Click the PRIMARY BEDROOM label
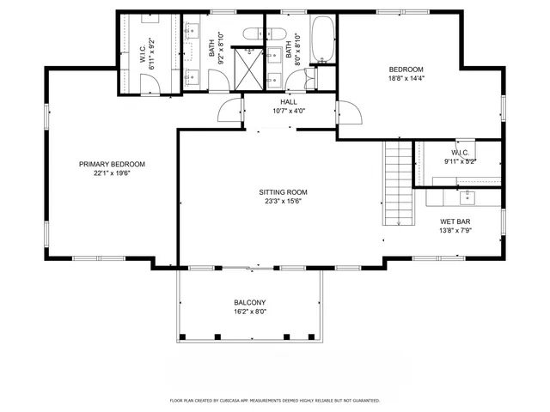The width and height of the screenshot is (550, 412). click(x=112, y=164)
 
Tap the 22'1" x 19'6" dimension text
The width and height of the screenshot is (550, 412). click(x=112, y=173)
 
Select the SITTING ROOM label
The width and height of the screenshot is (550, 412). click(x=284, y=192)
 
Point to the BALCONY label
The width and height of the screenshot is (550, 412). click(x=250, y=302)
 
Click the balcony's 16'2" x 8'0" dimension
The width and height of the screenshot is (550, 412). click(x=250, y=312)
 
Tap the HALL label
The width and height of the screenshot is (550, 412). click(x=289, y=101)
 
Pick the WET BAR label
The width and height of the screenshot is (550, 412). click(x=455, y=221)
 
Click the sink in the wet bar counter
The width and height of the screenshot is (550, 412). click(x=467, y=198)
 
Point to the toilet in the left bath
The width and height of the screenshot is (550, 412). click(x=255, y=34)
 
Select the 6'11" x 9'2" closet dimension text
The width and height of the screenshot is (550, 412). click(x=152, y=54)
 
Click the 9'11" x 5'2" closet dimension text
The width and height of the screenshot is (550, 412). click(x=460, y=161)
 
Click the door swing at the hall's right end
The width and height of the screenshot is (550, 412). click(x=348, y=112)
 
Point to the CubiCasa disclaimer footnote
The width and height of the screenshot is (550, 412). click(x=275, y=400)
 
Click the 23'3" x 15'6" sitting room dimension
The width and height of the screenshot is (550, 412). click(x=284, y=202)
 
